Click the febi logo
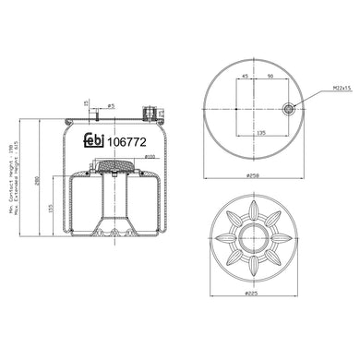coord(93,140)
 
